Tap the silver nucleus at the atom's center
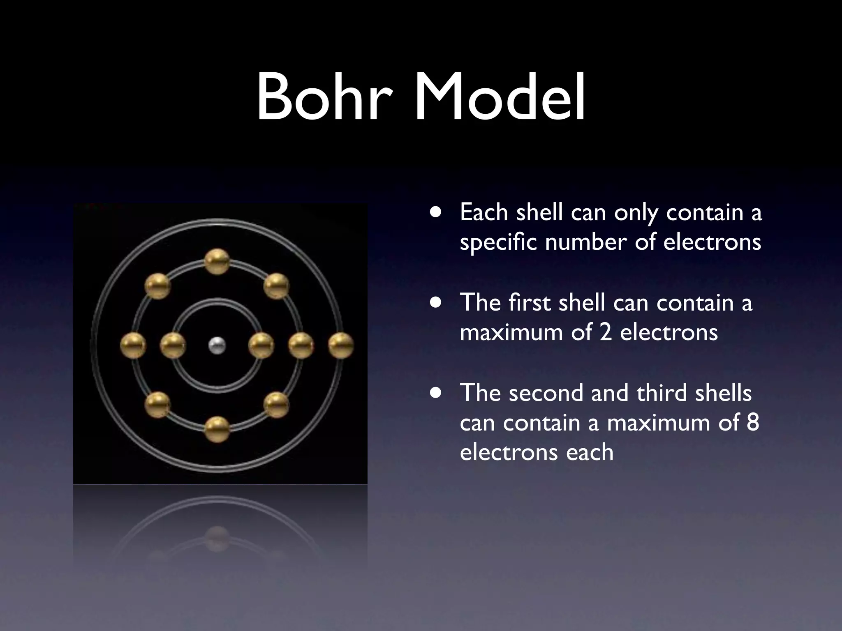click(217, 345)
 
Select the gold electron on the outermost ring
click(341, 345)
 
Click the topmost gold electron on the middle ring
click(217, 261)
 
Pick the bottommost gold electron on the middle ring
click(217, 429)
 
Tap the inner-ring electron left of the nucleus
click(173, 345)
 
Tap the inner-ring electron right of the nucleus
click(261, 345)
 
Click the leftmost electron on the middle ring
click(133, 345)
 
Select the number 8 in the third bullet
click(752, 422)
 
